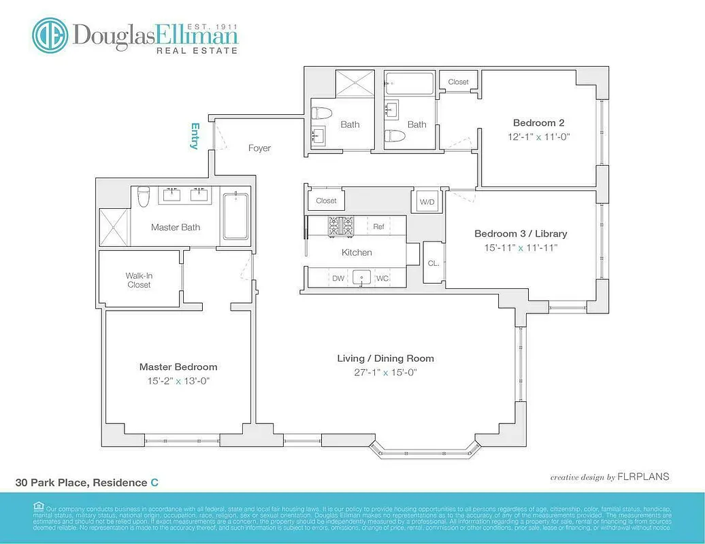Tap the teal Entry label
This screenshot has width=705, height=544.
195,136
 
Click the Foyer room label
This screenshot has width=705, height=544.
259,148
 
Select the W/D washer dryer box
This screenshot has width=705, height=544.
427,201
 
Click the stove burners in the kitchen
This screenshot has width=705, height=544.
342,226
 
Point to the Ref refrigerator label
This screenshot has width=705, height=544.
379,226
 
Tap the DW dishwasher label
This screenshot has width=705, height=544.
338,277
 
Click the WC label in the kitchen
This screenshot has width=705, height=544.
382,277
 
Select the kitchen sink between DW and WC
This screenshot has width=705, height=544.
361,277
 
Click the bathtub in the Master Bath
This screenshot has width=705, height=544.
235,216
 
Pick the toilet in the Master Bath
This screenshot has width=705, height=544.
144,197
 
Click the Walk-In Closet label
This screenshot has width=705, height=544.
139,280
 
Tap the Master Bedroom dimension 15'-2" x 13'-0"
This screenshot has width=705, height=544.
178,381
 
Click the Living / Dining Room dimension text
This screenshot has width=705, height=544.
386,372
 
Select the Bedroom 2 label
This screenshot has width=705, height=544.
538,123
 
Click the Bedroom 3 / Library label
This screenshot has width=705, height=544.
521,233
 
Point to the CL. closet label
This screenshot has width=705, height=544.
433,262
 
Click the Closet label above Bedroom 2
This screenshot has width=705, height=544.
458,82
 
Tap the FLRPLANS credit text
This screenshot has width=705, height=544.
642,477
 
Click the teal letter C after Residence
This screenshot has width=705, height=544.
154,482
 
